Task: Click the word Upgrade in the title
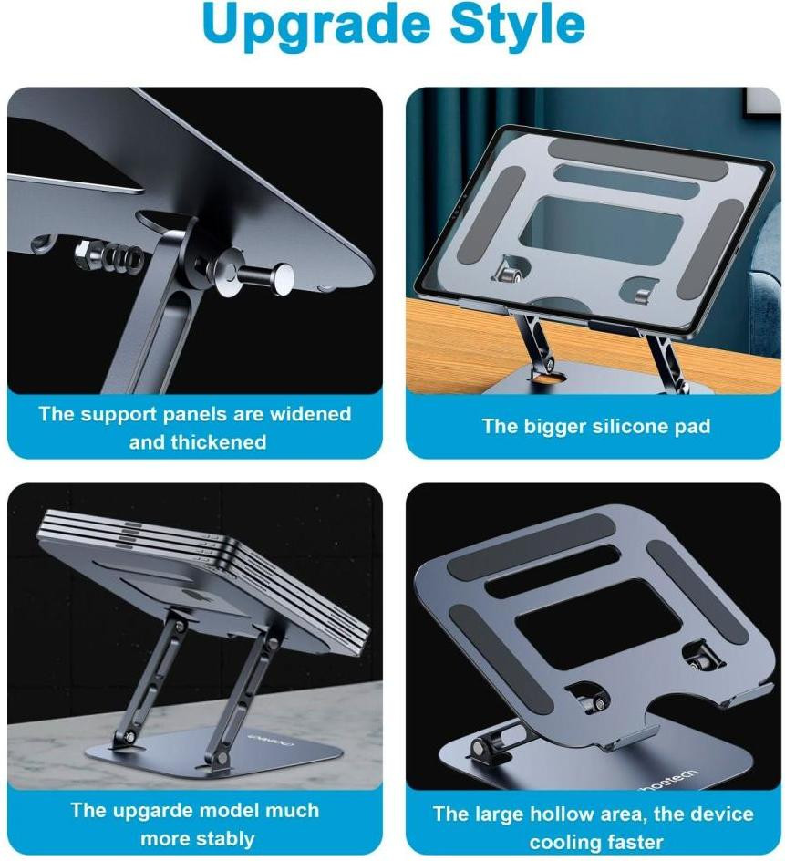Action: [x=316, y=26]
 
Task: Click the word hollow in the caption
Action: [x=550, y=814]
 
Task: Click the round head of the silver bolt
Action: [x=284, y=278]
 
